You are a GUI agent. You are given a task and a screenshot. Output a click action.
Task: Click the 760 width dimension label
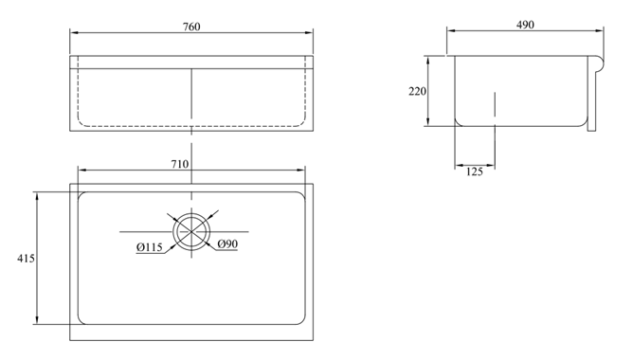191,27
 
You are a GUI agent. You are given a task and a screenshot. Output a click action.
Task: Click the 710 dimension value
180,164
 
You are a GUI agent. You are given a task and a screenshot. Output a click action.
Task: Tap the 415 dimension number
26,259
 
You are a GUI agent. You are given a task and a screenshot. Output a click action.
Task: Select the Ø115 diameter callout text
150,247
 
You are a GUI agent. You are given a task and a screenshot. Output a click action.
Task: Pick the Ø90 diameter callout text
227,243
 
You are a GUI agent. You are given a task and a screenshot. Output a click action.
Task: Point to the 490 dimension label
525,25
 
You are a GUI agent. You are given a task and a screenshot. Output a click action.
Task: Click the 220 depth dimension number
417,92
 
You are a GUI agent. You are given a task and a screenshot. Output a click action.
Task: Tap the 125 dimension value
475,171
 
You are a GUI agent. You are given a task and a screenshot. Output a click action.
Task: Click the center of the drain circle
191,232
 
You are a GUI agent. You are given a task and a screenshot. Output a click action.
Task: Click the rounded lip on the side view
599,64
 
